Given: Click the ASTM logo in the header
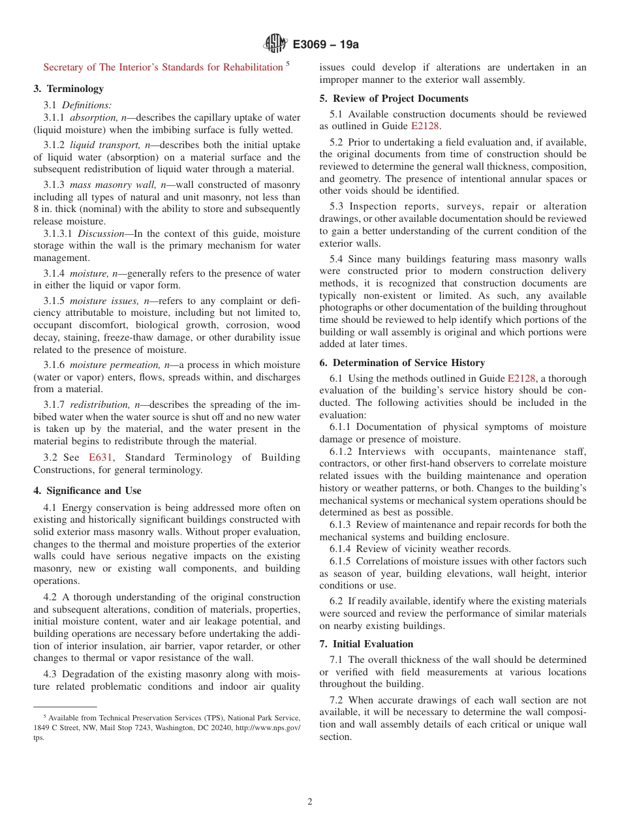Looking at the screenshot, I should tap(275, 44).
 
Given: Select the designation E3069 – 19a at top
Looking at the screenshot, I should tap(326, 44).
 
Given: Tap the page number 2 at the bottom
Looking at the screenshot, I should tap(310, 802).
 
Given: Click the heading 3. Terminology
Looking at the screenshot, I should tap(69, 89).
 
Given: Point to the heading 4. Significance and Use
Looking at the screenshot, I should tap(87, 491).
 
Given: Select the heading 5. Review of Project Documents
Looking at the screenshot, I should tap(394, 99).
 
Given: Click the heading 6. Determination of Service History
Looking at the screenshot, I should tap(402, 363).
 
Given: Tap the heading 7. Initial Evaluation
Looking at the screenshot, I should tap(369, 644).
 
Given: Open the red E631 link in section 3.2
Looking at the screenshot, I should tap(101, 457).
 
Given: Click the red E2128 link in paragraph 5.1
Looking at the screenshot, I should tap(425, 127).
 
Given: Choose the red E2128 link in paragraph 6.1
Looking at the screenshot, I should tap(521, 378).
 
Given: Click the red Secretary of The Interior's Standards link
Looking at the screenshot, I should tap(163, 67).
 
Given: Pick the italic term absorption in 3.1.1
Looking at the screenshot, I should tap(94, 117).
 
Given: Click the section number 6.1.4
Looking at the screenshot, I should tap(343, 549).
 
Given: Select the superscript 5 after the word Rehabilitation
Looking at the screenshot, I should tap(288, 64).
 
